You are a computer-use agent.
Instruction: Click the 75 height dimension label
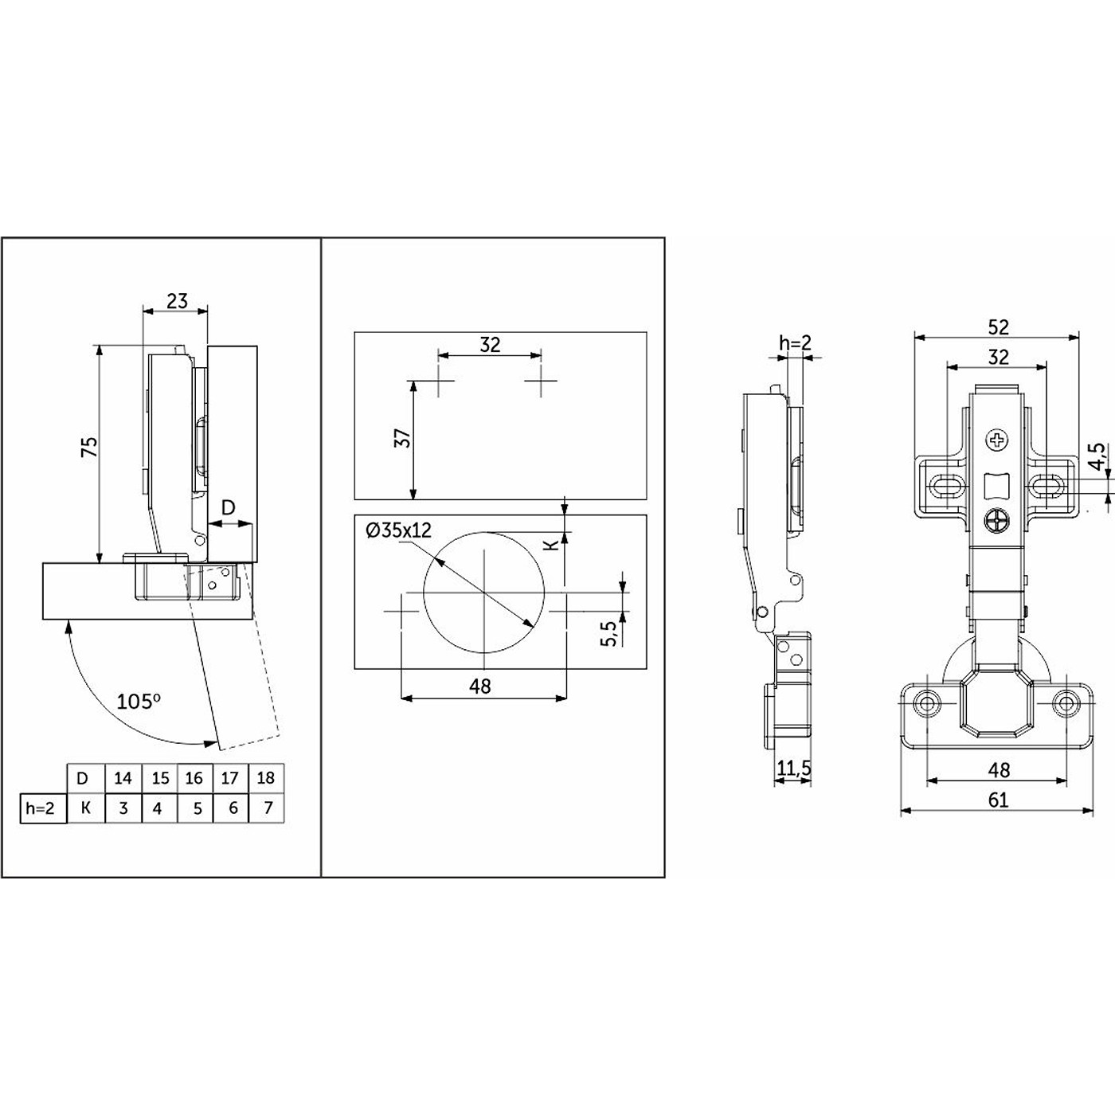pyautogui.click(x=90, y=448)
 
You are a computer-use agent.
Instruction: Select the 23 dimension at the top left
pyautogui.click(x=177, y=301)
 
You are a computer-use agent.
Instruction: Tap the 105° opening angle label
pyautogui.click(x=139, y=702)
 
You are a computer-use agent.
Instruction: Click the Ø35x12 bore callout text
pyautogui.click(x=399, y=530)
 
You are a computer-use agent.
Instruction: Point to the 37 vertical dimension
pyautogui.click(x=403, y=438)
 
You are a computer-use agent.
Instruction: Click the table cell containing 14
pyautogui.click(x=123, y=778)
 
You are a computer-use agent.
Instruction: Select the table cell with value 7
pyautogui.click(x=268, y=808)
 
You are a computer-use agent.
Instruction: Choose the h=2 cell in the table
pyautogui.click(x=40, y=808)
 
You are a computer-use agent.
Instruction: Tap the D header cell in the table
pyautogui.click(x=83, y=778)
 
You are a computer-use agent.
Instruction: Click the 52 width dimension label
pyautogui.click(x=998, y=328)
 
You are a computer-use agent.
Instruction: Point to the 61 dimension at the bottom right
pyautogui.click(x=998, y=800)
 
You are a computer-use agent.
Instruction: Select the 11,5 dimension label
pyautogui.click(x=794, y=769)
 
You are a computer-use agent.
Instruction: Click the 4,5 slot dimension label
pyautogui.click(x=1097, y=457)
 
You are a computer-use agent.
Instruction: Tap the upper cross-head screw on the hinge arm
pyautogui.click(x=999, y=441)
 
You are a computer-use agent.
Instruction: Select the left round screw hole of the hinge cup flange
pyautogui.click(x=928, y=703)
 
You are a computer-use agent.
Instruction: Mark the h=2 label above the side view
pyautogui.click(x=795, y=343)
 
